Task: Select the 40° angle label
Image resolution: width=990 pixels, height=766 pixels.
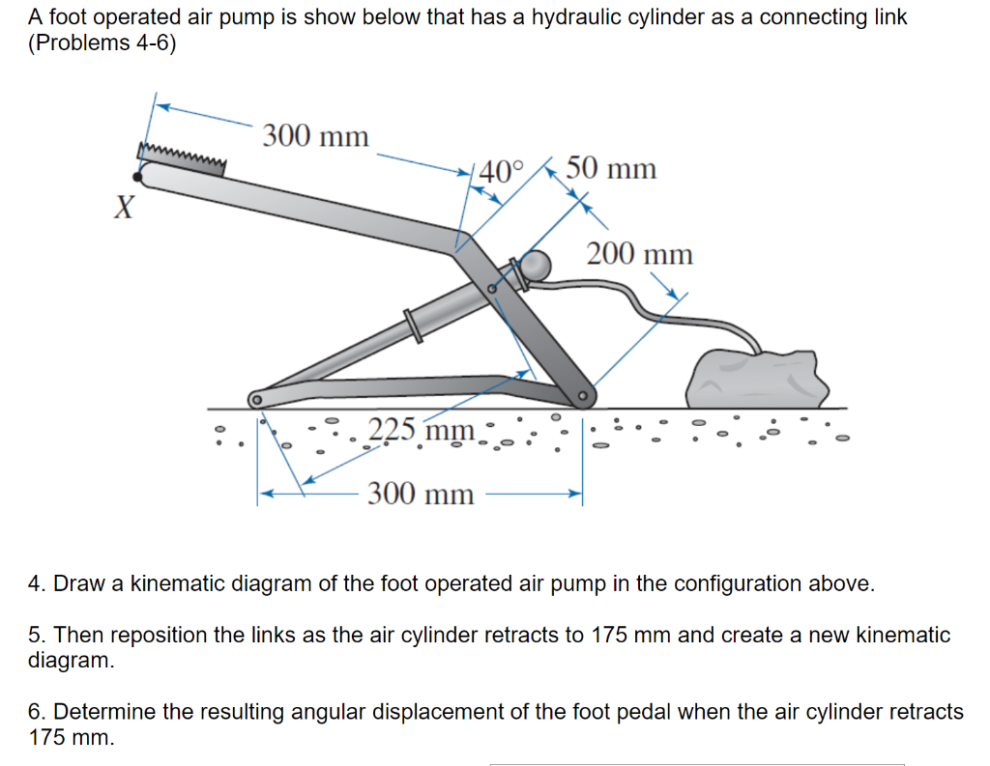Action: tap(500, 172)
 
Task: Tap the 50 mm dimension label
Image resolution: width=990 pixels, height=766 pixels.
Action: tap(611, 169)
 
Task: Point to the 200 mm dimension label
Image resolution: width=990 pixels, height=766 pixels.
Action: tap(640, 255)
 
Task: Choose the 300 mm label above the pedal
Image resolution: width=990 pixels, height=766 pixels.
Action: tap(315, 136)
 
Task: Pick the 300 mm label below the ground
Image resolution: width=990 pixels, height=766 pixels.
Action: tap(422, 496)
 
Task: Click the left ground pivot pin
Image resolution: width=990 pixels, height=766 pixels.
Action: tap(256, 398)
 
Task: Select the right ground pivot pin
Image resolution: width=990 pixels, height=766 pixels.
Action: tap(583, 396)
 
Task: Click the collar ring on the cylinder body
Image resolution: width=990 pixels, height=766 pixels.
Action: tap(414, 324)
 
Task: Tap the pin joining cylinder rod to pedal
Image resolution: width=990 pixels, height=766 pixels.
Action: tap(493, 287)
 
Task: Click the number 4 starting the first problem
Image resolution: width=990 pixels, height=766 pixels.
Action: tap(34, 584)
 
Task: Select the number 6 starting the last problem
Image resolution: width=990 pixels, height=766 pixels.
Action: tap(34, 713)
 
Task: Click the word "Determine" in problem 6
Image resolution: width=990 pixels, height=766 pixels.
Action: tap(97, 713)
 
